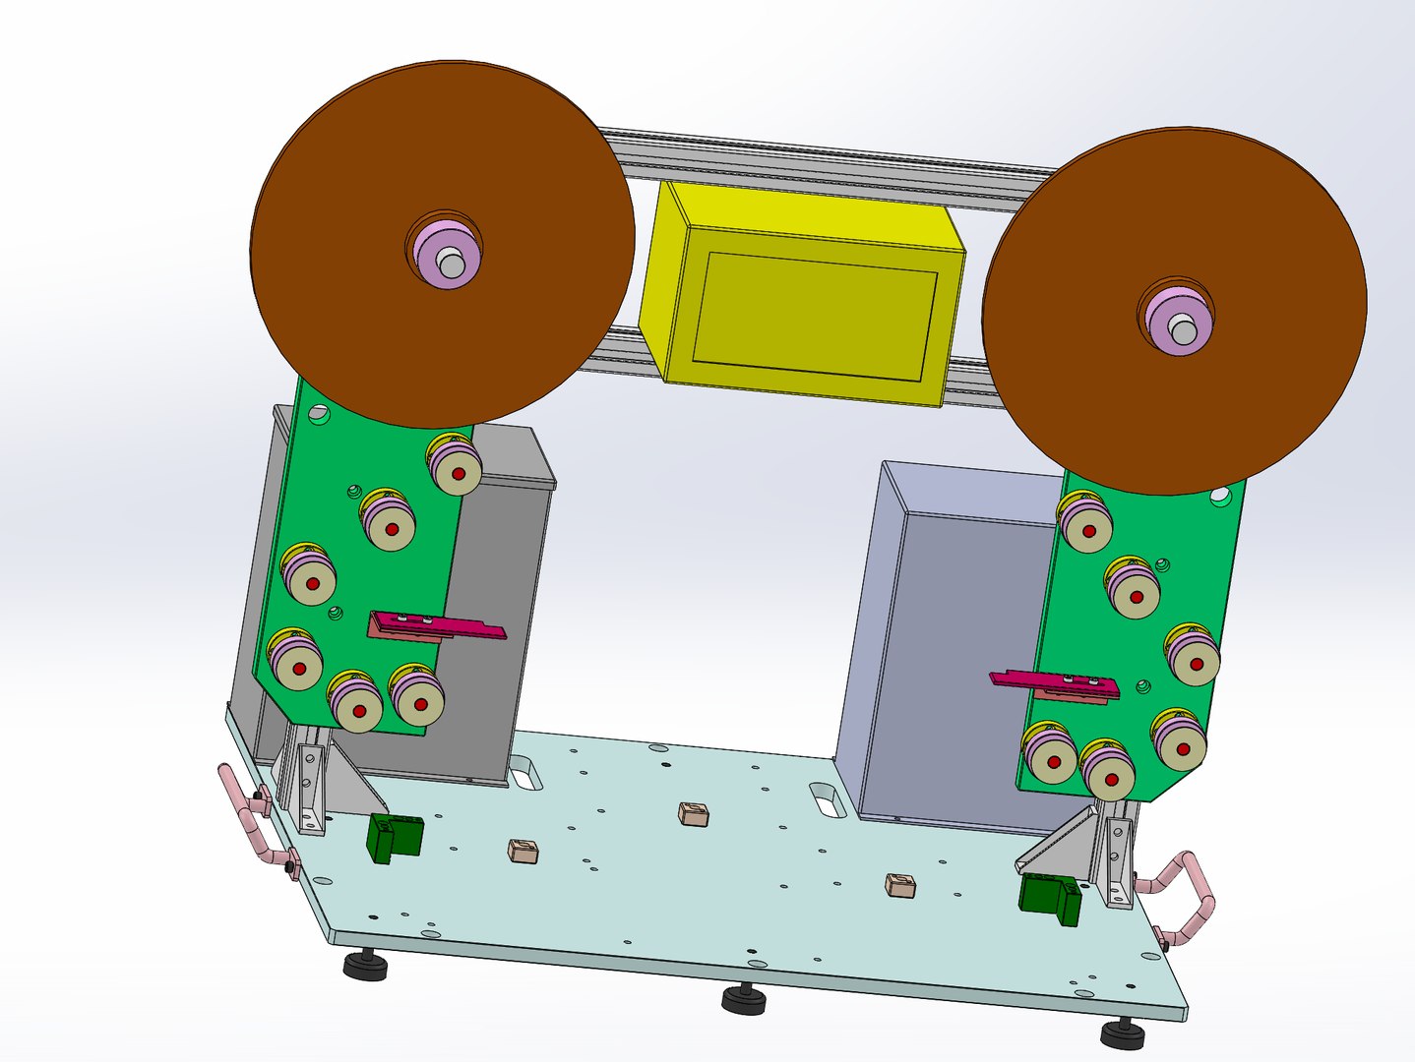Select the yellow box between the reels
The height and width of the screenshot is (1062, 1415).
coord(802,295)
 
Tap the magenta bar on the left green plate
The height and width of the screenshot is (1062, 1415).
coord(438,625)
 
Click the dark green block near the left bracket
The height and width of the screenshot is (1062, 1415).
coord(396,837)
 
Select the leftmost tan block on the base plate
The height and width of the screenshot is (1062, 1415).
coord(523,851)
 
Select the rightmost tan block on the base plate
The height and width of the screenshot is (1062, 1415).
coord(900,885)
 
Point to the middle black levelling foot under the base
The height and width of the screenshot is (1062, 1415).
coord(744,1000)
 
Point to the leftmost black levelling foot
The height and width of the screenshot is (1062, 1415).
coord(365,966)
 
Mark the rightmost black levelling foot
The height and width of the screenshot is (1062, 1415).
coord(1123,1032)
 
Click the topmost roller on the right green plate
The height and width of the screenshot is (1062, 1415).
coord(1086,524)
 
